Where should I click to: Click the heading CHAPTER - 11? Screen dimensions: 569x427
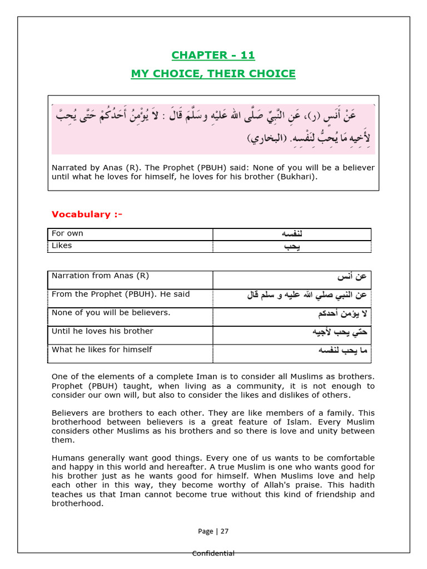pyautogui.click(x=213, y=55)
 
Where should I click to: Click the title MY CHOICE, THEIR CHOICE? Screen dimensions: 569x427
pyautogui.click(x=213, y=74)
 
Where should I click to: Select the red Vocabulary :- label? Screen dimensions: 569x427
pyautogui.click(x=87, y=214)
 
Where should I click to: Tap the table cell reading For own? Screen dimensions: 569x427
pyautogui.click(x=67, y=233)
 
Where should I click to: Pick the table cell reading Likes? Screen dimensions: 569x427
pyautogui.click(x=62, y=246)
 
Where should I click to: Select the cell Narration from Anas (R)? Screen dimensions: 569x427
pyautogui.click(x=100, y=276)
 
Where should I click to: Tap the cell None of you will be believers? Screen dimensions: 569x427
pyautogui.click(x=111, y=312)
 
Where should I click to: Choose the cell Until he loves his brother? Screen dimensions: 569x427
pyautogui.click(x=102, y=331)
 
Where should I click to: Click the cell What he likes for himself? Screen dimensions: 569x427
pyautogui.click(x=102, y=350)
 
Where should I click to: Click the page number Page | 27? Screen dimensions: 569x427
pyautogui.click(x=213, y=531)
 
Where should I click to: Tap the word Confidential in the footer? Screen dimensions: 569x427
pyautogui.click(x=213, y=553)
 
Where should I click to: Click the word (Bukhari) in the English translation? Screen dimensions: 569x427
pyautogui.click(x=299, y=177)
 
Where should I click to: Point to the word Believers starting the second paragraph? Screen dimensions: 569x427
pyautogui.click(x=70, y=413)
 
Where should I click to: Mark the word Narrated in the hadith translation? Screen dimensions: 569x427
pyautogui.click(x=69, y=168)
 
